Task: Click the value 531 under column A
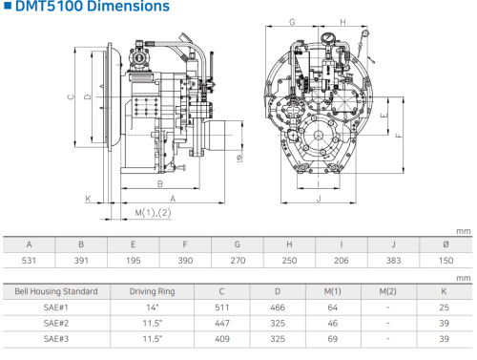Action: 29,261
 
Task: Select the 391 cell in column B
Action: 81,261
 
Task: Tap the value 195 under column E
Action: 134,261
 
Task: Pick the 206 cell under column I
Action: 342,261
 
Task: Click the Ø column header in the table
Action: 446,244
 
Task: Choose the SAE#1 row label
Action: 56,307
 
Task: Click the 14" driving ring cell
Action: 153,307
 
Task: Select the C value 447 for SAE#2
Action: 222,323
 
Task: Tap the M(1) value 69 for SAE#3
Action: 333,339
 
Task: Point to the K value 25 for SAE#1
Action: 444,307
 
